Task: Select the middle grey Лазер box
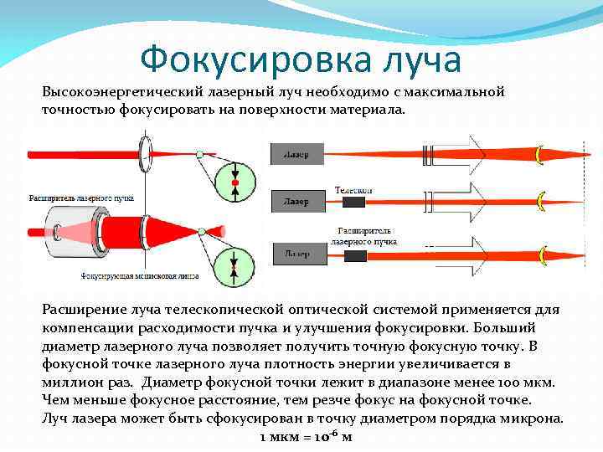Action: tap(296, 202)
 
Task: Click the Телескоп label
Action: tap(353, 191)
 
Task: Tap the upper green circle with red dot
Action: tap(235, 181)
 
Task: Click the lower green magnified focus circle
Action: tap(235, 261)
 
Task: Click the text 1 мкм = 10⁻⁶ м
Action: tap(305, 436)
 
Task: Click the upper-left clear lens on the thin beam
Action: tap(147, 152)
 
